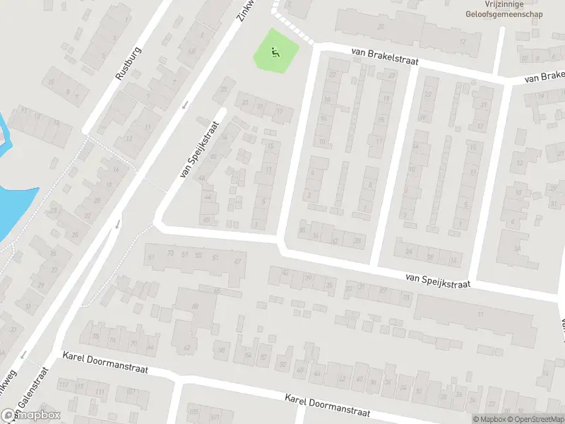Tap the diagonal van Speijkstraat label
click(200, 150)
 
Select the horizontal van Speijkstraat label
click(437, 280)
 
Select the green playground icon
click(275, 50)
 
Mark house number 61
click(150, 257)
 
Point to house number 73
click(169, 253)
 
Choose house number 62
click(187, 347)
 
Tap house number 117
click(65, 384)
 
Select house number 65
click(217, 291)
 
